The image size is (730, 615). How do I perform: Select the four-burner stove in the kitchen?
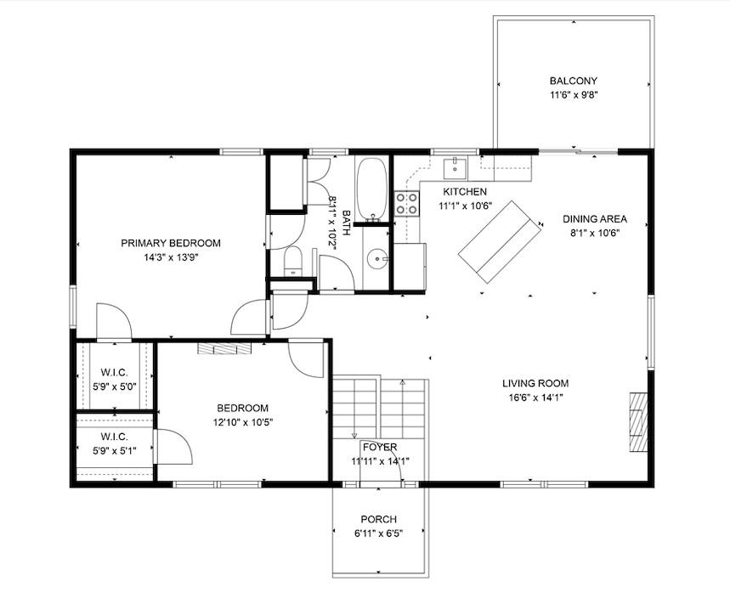pyautogui.click(x=407, y=203)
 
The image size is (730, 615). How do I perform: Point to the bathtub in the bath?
pyautogui.click(x=371, y=189)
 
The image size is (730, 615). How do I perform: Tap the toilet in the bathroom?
pyautogui.click(x=292, y=262)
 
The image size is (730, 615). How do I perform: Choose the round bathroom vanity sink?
pyautogui.click(x=377, y=258)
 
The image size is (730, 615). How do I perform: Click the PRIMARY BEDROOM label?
pyautogui.click(x=170, y=243)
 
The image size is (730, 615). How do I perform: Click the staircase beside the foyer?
pyautogui.click(x=378, y=407)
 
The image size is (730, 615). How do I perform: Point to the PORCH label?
pyautogui.click(x=378, y=519)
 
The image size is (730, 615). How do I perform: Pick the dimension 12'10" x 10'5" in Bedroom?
pyautogui.click(x=242, y=422)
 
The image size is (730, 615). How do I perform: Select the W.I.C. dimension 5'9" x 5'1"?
pyautogui.click(x=114, y=451)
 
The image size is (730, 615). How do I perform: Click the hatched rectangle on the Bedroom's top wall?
pyautogui.click(x=225, y=347)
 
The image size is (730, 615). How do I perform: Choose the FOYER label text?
pyautogui.click(x=379, y=447)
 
